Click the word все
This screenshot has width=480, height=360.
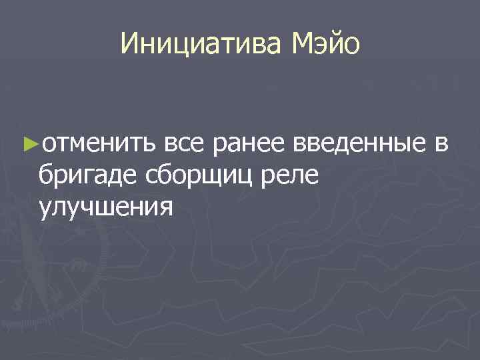point(185,142)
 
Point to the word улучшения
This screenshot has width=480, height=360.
point(106,208)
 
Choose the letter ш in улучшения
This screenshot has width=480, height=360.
point(105,208)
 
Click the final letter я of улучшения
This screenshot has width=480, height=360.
point(166,208)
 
